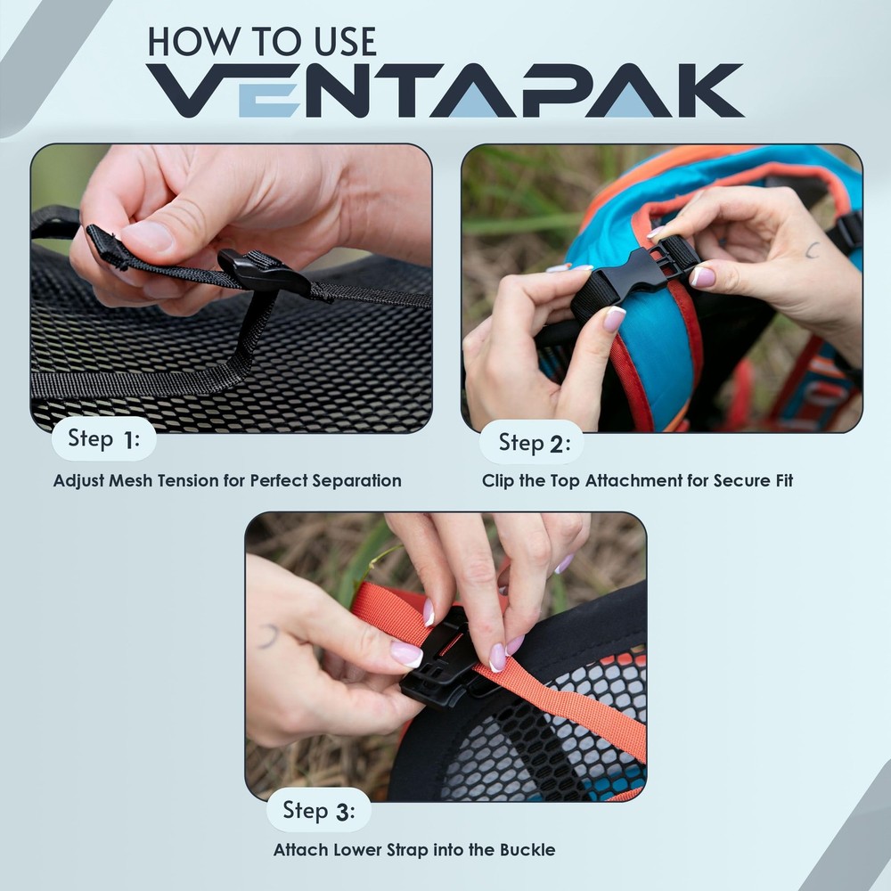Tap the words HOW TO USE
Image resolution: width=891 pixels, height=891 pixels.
[261, 41]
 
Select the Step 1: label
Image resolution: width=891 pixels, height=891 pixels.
[103, 439]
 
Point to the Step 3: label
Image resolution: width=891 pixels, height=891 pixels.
[319, 811]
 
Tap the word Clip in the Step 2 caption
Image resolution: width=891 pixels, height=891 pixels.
[498, 481]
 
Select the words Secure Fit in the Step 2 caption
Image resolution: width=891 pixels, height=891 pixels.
[756, 481]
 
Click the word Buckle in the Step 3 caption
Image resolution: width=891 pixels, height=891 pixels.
[527, 850]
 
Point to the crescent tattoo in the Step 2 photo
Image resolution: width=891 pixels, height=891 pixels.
[812, 250]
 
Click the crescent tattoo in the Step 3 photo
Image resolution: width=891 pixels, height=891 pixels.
[268, 636]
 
